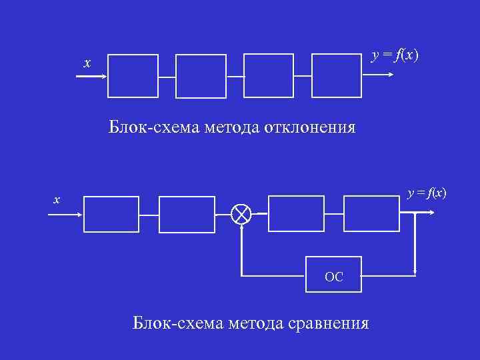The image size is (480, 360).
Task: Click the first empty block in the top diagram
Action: (133, 76)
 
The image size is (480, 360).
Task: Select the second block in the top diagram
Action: (201, 76)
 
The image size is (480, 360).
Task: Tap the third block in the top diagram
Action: (269, 76)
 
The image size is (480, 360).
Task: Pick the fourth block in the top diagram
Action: (337, 76)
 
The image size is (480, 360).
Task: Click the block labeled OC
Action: (334, 275)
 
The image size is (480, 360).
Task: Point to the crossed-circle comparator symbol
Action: (241, 214)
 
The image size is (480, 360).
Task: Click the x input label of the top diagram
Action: (86, 63)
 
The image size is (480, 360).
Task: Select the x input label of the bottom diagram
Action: (57, 199)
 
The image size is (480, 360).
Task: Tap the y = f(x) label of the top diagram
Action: (395, 55)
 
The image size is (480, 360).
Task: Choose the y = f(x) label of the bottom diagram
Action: (427, 193)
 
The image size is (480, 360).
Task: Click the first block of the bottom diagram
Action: (111, 214)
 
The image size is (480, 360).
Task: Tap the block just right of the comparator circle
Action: (295, 213)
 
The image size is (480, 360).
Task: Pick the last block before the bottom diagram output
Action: (371, 213)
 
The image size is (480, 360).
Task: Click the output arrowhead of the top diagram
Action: (391, 76)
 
